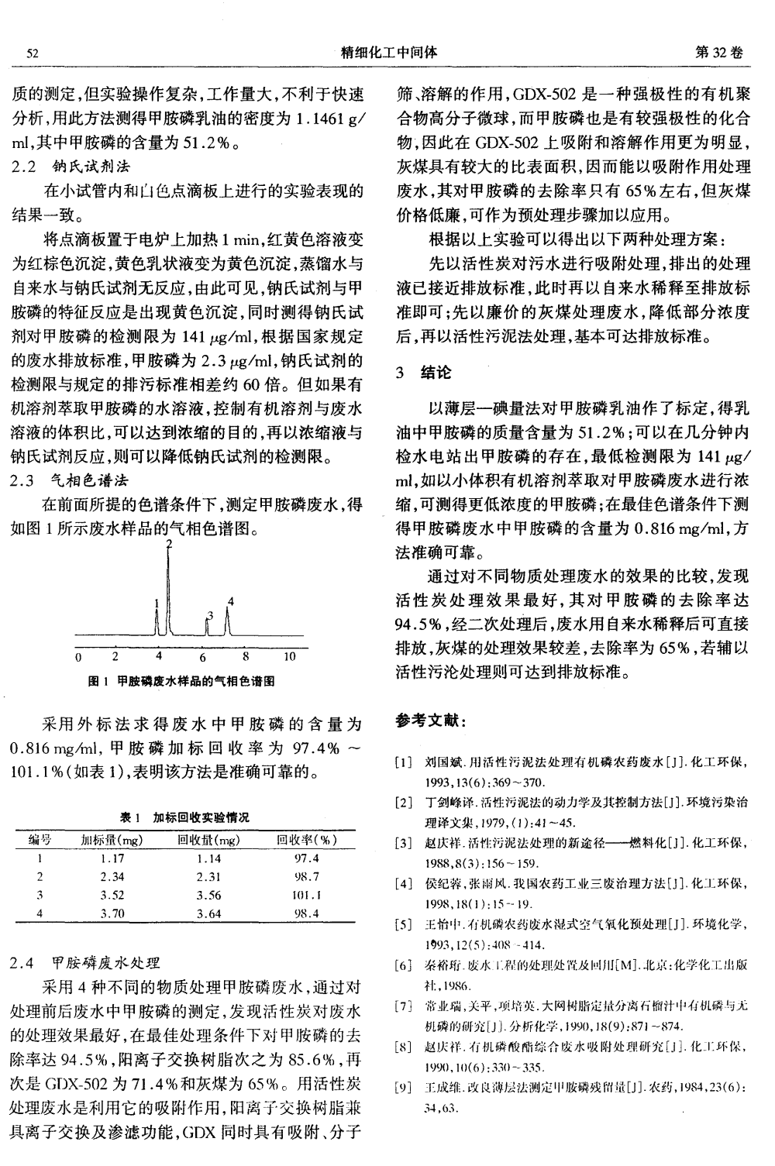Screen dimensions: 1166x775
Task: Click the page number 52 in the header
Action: point(33,53)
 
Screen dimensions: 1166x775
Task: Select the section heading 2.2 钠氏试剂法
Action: point(72,166)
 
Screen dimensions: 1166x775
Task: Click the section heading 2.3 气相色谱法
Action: point(72,480)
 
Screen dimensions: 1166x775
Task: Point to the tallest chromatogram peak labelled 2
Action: point(169,589)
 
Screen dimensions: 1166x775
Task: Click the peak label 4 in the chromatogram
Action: point(230,601)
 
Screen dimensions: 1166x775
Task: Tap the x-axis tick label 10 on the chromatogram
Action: point(289,658)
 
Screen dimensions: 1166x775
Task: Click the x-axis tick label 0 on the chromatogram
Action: point(78,658)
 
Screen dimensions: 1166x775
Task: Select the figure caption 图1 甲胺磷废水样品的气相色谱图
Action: point(183,682)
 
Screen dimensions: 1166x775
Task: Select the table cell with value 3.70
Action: point(112,913)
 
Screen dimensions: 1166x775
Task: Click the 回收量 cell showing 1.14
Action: point(208,858)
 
